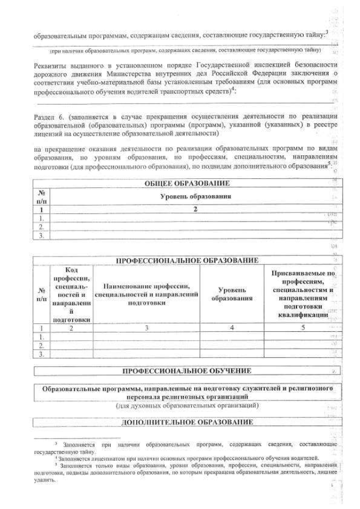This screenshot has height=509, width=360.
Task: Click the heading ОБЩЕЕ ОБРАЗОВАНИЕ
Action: coord(187,183)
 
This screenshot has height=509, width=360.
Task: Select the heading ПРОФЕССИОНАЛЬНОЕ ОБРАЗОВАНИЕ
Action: coord(187,260)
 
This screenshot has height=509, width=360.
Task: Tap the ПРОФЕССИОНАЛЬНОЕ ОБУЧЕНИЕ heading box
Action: coord(187,371)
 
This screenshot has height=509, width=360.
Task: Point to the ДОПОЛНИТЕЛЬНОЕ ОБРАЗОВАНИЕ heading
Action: coord(187,422)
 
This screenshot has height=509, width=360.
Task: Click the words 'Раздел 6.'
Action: coord(49,115)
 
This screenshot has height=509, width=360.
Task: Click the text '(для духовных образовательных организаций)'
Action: coord(187,405)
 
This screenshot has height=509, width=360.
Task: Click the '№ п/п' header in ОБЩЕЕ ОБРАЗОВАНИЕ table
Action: coord(40,196)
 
